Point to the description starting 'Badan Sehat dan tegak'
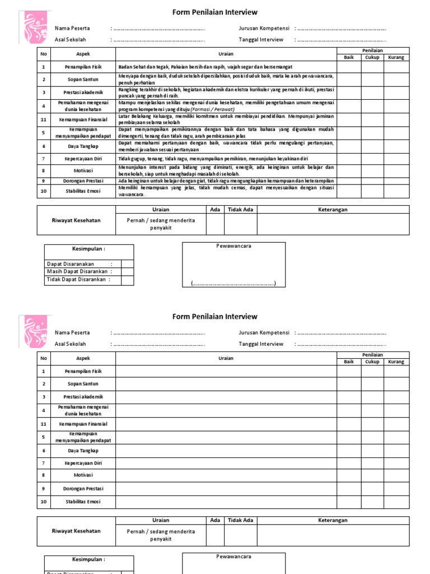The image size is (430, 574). click(x=206, y=67)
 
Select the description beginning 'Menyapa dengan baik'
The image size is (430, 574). click(x=226, y=79)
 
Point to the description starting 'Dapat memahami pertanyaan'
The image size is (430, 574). click(x=226, y=146)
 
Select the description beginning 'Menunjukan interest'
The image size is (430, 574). click(x=226, y=170)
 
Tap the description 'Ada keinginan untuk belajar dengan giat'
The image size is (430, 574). click(x=226, y=181)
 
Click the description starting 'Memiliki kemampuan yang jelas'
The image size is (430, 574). click(x=226, y=191)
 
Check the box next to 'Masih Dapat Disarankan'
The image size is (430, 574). click(x=128, y=272)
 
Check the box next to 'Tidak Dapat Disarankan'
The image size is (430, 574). click(x=128, y=280)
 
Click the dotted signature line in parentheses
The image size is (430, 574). click(x=234, y=284)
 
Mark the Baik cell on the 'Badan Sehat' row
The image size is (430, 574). click(x=349, y=67)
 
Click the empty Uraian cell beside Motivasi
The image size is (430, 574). click(x=226, y=475)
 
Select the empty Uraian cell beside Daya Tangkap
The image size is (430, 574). click(x=226, y=450)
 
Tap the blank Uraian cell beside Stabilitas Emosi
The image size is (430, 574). click(x=226, y=502)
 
